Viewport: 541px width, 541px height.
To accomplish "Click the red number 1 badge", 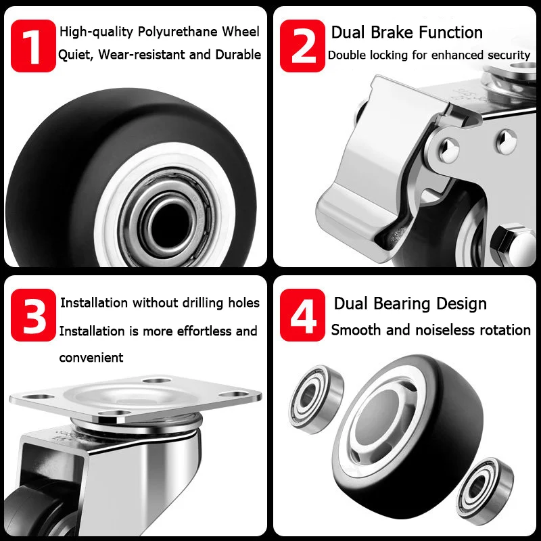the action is [x=33, y=46].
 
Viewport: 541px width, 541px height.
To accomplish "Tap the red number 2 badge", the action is [x=302, y=46].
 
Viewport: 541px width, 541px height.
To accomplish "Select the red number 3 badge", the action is [x=33, y=315].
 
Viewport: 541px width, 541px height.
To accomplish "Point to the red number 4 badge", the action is [x=302, y=315].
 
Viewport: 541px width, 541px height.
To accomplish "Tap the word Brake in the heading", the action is [x=392, y=32].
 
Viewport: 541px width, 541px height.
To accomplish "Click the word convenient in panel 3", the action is [x=91, y=358].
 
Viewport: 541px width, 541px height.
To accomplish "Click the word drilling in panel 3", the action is [x=203, y=303].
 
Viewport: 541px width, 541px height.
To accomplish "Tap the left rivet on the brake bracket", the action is [x=449, y=150].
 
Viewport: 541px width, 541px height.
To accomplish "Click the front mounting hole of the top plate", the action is [x=114, y=413].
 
